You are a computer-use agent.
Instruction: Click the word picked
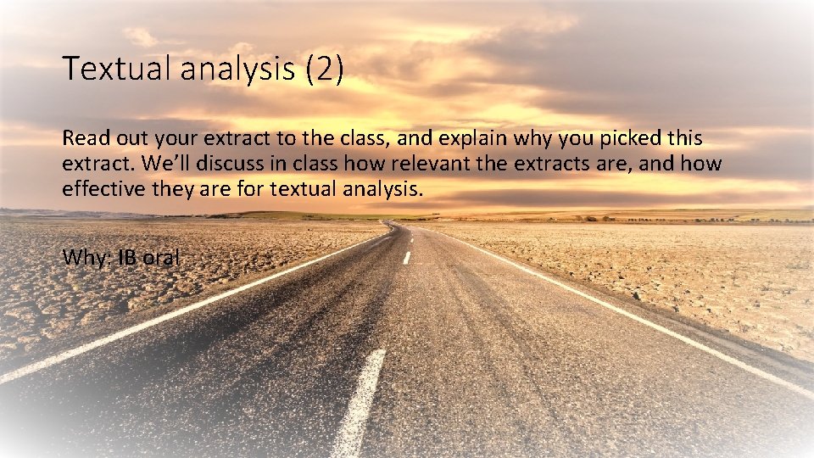(632, 138)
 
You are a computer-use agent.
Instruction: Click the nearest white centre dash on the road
(360, 403)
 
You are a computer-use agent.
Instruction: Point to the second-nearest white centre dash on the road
(407, 257)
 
